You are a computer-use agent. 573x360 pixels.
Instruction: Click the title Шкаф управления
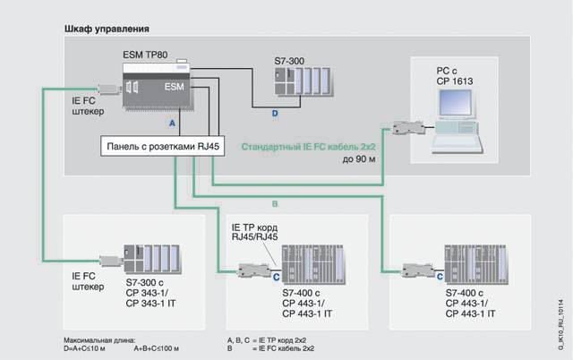tap(107, 30)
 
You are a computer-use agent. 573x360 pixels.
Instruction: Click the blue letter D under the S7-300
tap(275, 115)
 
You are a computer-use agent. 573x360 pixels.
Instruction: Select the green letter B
tap(275, 203)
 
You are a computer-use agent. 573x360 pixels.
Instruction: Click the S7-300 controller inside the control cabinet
tap(303, 84)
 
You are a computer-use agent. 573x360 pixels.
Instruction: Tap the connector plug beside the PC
tap(410, 127)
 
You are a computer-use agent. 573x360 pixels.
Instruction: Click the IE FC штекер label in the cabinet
tap(89, 107)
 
